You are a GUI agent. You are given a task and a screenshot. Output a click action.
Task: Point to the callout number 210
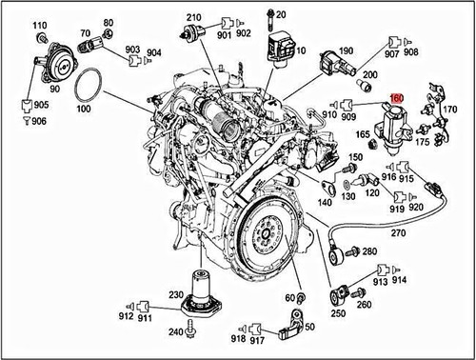[x=194, y=19]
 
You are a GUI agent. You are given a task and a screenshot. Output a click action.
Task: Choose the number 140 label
[x=326, y=201]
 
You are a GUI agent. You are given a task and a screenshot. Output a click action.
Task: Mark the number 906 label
[x=39, y=121]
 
